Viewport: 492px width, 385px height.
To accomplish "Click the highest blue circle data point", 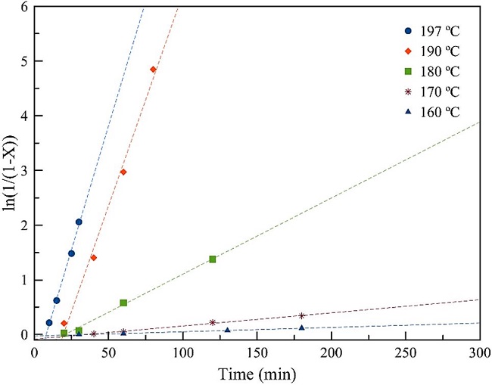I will coord(79,222).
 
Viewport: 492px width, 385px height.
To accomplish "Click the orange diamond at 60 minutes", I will coord(123,172).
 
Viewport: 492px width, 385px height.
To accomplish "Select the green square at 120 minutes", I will coord(213,259).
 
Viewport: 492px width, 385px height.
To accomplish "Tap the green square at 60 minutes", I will coord(123,303).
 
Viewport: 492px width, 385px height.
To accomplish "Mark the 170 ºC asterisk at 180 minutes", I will coord(302,315).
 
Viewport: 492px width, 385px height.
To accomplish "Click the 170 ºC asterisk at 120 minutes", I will coord(213,322).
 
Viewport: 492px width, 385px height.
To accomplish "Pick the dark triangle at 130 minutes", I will coord(227,330).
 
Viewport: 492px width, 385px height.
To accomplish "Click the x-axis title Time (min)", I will coord(257,374).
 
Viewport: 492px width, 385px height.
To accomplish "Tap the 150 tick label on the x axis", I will coord(257,353).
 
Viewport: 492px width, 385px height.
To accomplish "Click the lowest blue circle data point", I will coord(49,323).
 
